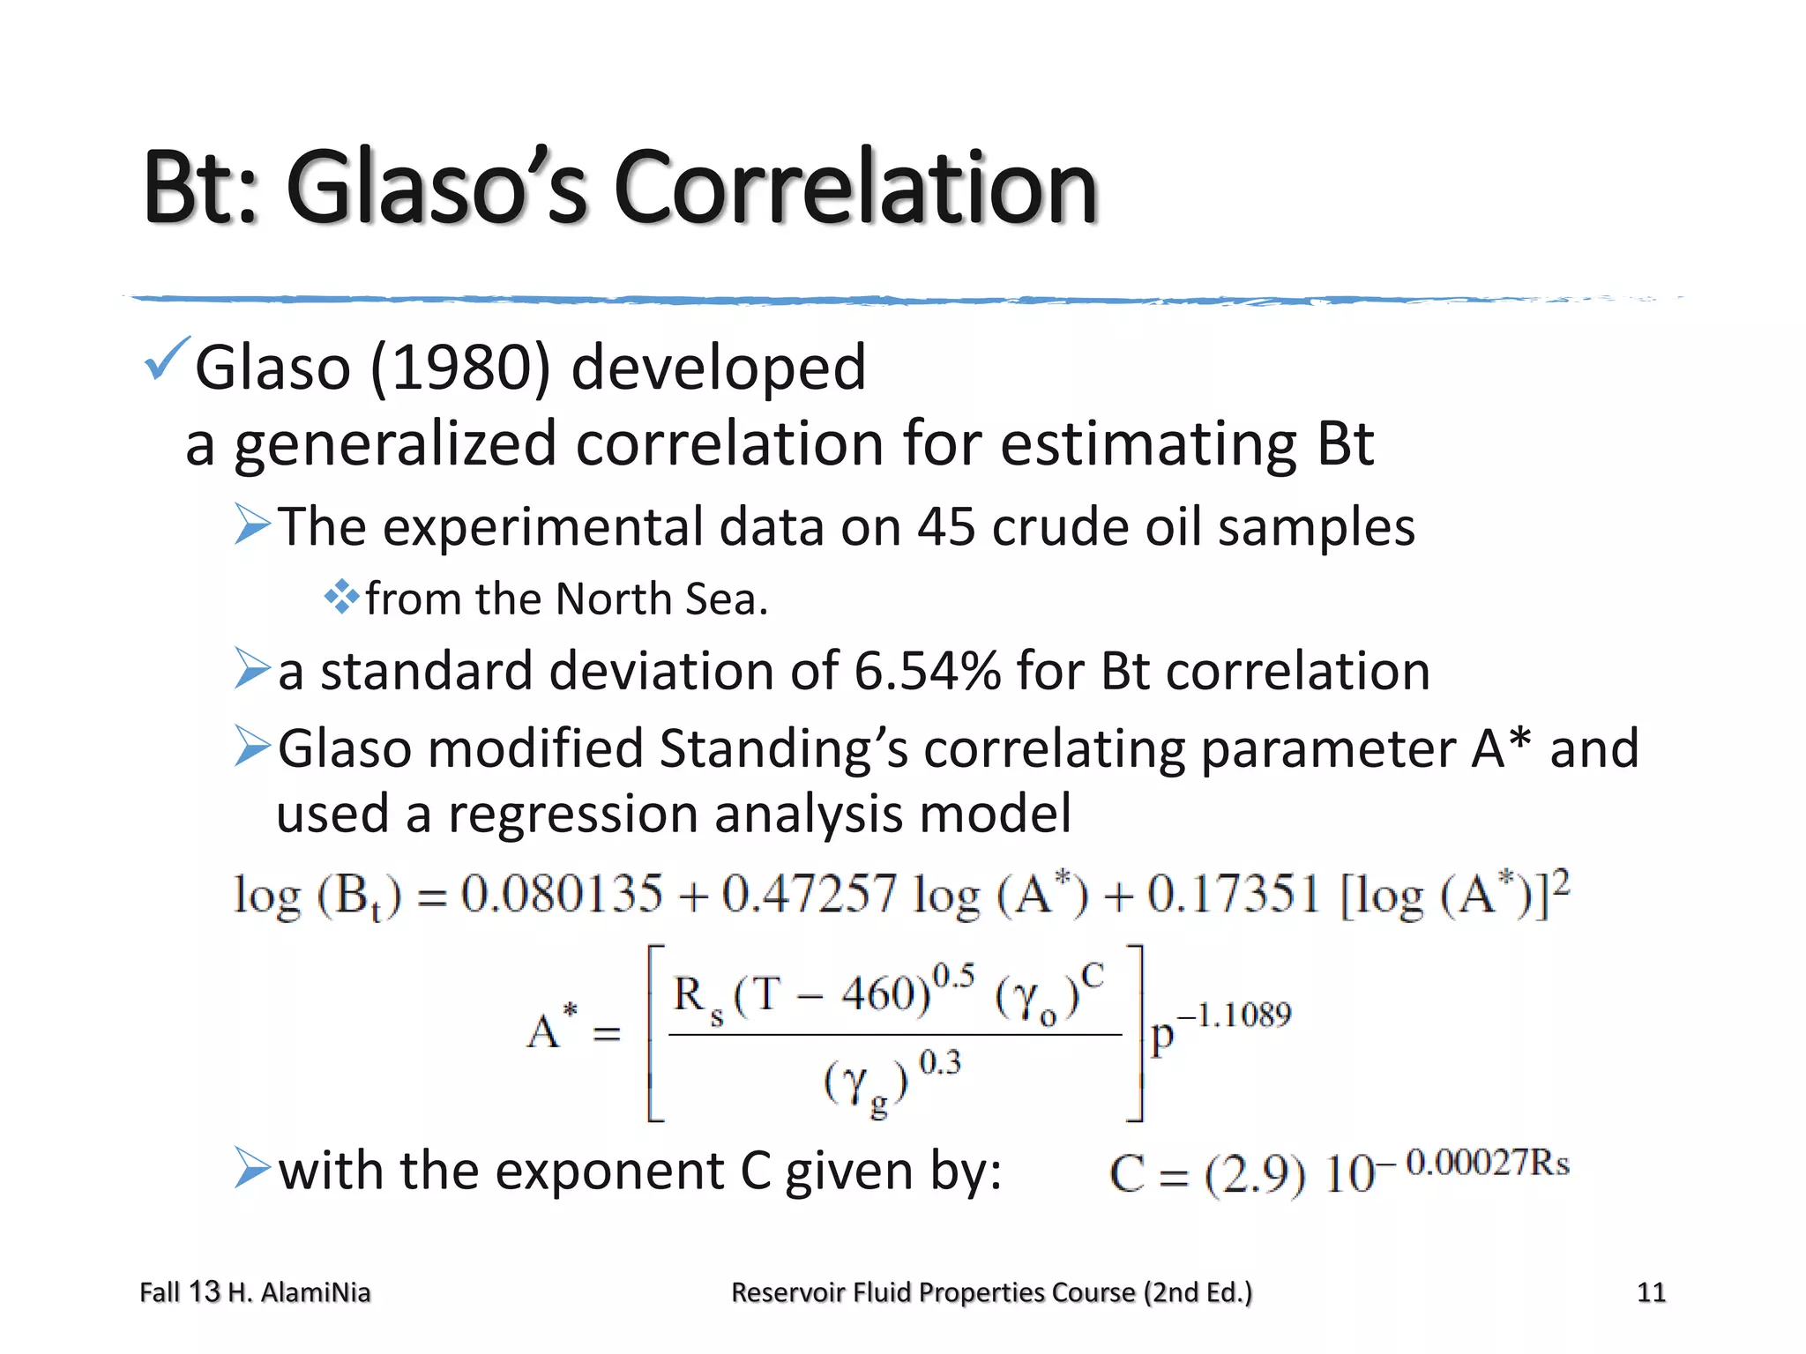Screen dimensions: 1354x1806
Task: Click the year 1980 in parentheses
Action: click(460, 367)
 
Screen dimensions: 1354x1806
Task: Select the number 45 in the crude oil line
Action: click(946, 527)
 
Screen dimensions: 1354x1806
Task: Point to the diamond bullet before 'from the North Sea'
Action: click(341, 598)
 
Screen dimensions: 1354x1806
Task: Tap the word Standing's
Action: click(783, 749)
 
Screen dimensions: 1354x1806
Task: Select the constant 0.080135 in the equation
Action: click(562, 894)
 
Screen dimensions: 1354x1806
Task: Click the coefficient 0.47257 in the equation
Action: click(810, 894)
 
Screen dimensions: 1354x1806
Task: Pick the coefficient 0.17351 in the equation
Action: click(1234, 894)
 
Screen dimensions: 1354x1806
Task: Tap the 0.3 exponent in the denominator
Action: click(940, 1063)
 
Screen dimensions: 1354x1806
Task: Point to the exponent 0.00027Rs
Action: click(1488, 1163)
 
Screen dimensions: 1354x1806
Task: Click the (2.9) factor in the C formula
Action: click(1255, 1175)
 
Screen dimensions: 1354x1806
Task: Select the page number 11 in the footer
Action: click(1651, 1292)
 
